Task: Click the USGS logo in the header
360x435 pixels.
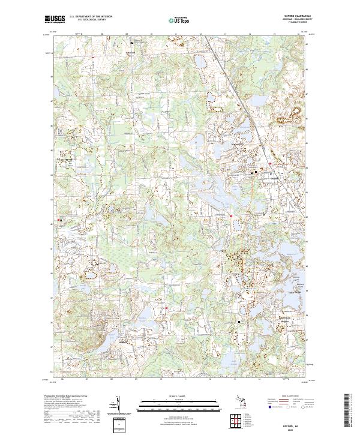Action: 54,19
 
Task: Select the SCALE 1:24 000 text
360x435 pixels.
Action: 179,395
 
